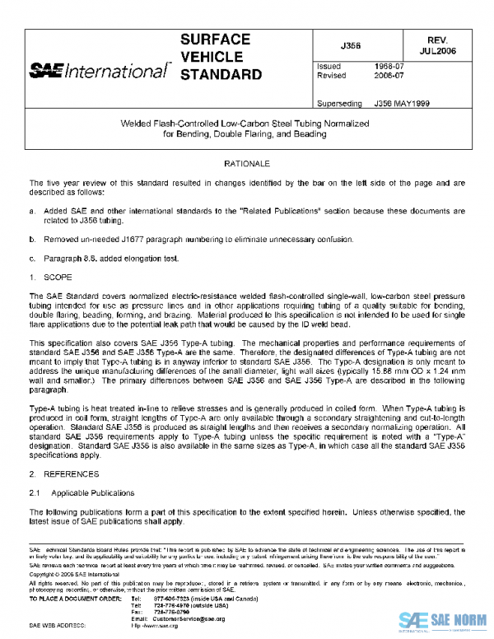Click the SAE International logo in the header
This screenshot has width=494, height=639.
click(98, 72)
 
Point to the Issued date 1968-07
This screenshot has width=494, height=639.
click(389, 65)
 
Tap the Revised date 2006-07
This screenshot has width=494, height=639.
click(389, 75)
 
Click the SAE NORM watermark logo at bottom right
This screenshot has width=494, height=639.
click(445, 621)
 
